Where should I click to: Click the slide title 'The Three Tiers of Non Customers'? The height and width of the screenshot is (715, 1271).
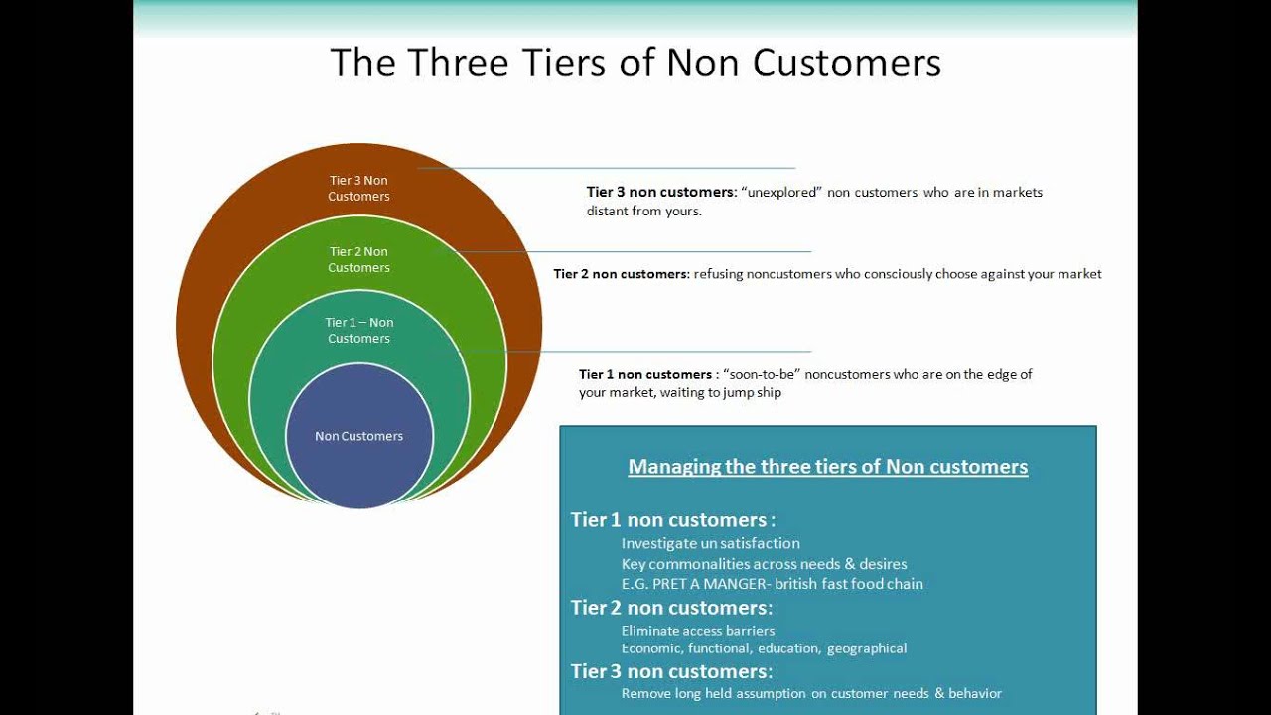click(x=635, y=63)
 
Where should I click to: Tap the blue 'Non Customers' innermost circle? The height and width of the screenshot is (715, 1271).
click(x=358, y=436)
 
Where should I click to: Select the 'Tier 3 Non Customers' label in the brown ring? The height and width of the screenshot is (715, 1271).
click(x=358, y=188)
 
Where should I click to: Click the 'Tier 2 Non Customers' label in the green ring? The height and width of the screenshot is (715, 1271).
click(x=358, y=259)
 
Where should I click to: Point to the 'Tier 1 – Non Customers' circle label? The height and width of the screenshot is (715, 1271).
click(x=358, y=330)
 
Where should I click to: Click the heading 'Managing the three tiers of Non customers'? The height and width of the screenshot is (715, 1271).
click(x=827, y=466)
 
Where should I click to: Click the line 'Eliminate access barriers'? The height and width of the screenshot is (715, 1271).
click(x=698, y=630)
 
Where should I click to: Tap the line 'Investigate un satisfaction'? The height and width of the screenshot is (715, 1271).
click(x=710, y=543)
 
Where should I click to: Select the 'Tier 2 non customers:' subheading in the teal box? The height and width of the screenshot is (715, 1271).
click(x=671, y=607)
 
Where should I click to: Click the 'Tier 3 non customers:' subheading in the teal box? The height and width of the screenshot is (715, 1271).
click(x=671, y=671)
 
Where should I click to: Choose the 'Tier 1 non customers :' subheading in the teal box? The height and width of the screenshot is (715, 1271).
click(x=672, y=519)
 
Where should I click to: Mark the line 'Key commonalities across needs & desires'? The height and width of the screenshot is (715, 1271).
click(x=764, y=564)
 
